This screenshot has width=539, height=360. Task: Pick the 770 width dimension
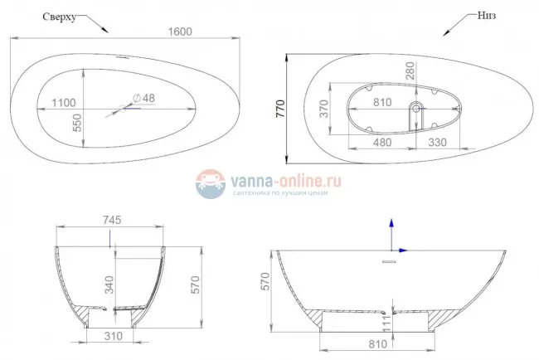[281, 108]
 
